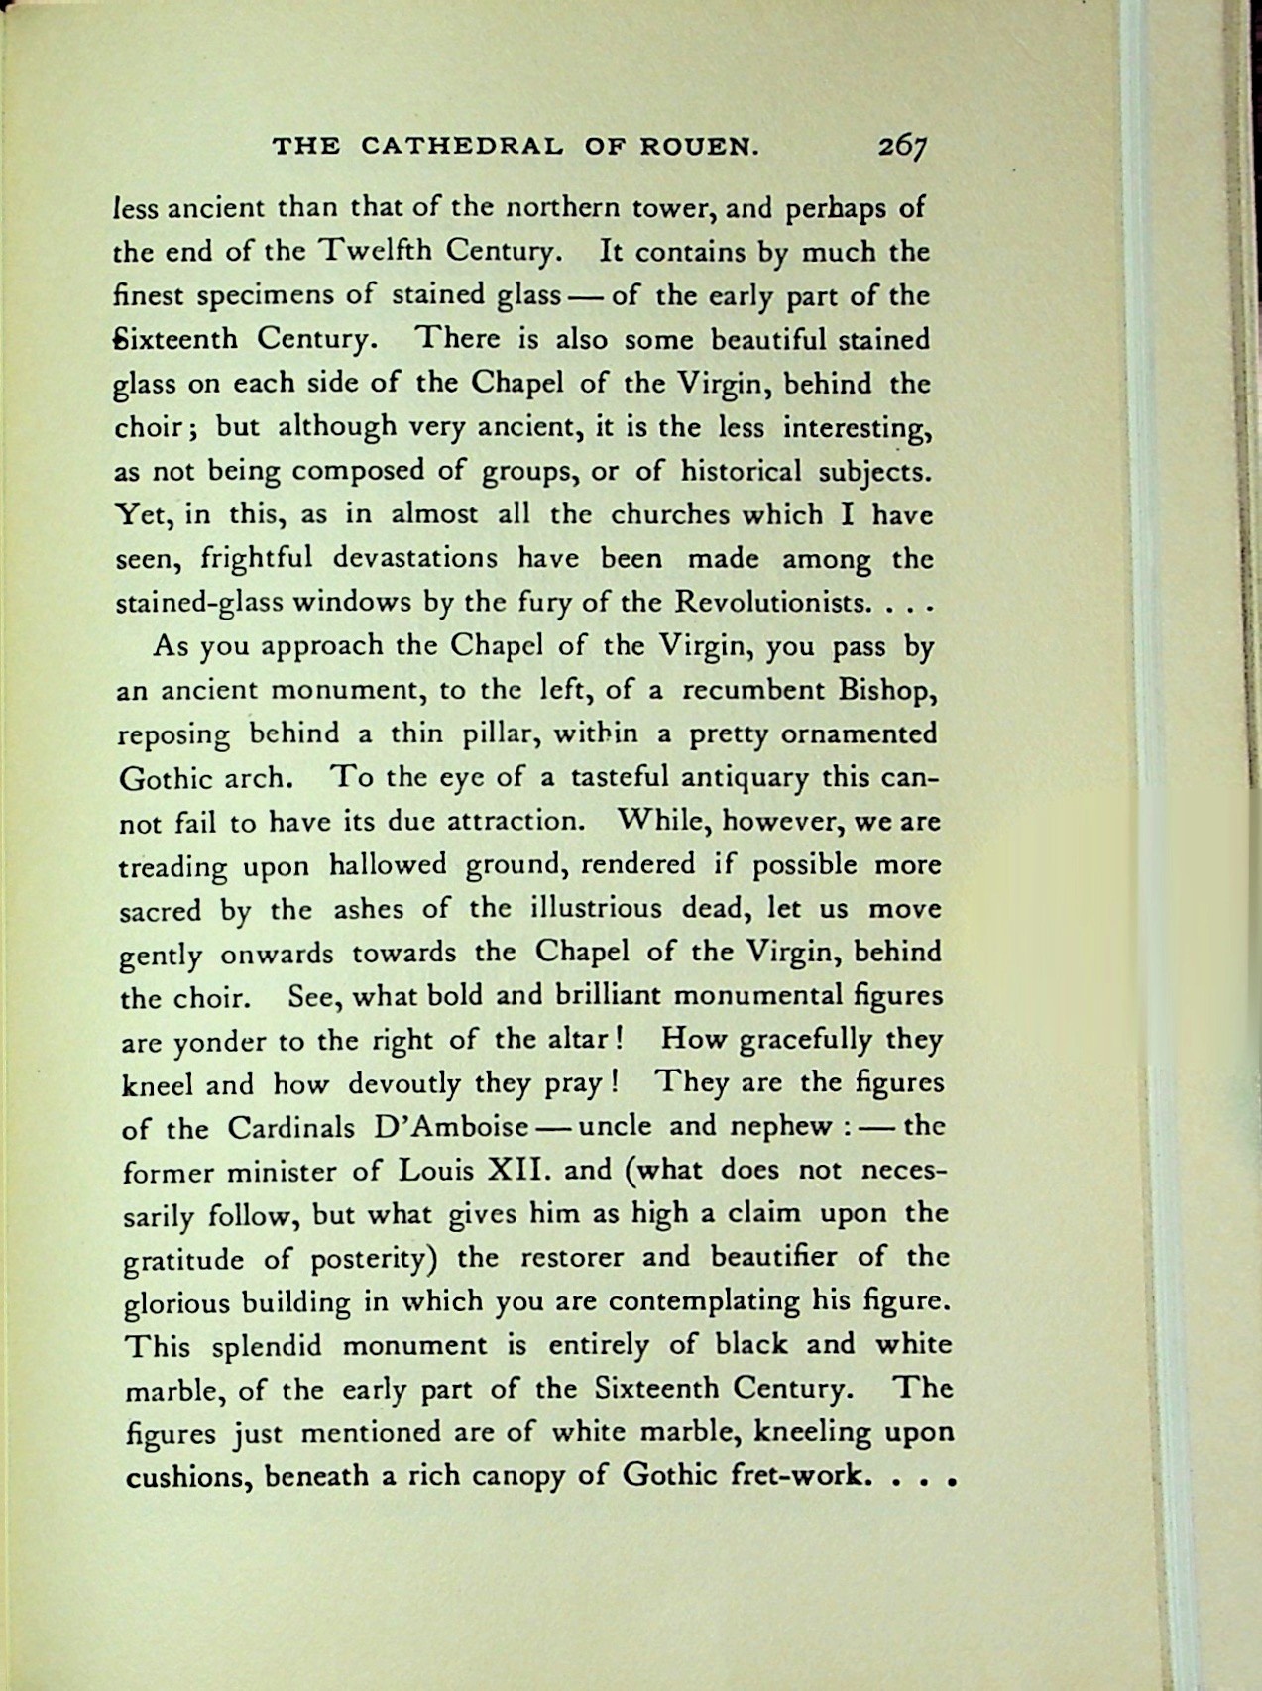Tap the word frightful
257,559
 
